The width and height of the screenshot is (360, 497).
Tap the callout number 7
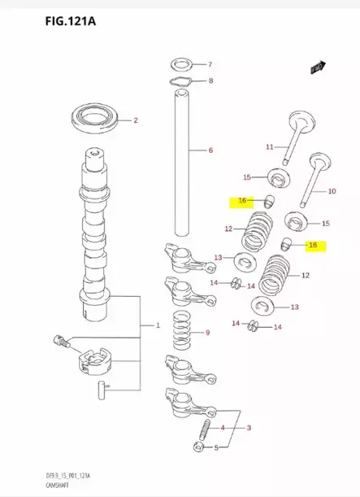tap(209, 63)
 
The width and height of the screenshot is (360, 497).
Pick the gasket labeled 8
tap(180, 81)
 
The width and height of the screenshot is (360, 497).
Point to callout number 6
tap(210, 150)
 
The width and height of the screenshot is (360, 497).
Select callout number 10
tap(332, 192)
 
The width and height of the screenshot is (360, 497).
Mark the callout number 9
tap(208, 332)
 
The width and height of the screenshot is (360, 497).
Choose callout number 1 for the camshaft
tap(158, 325)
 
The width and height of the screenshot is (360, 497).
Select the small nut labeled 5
tap(198, 447)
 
